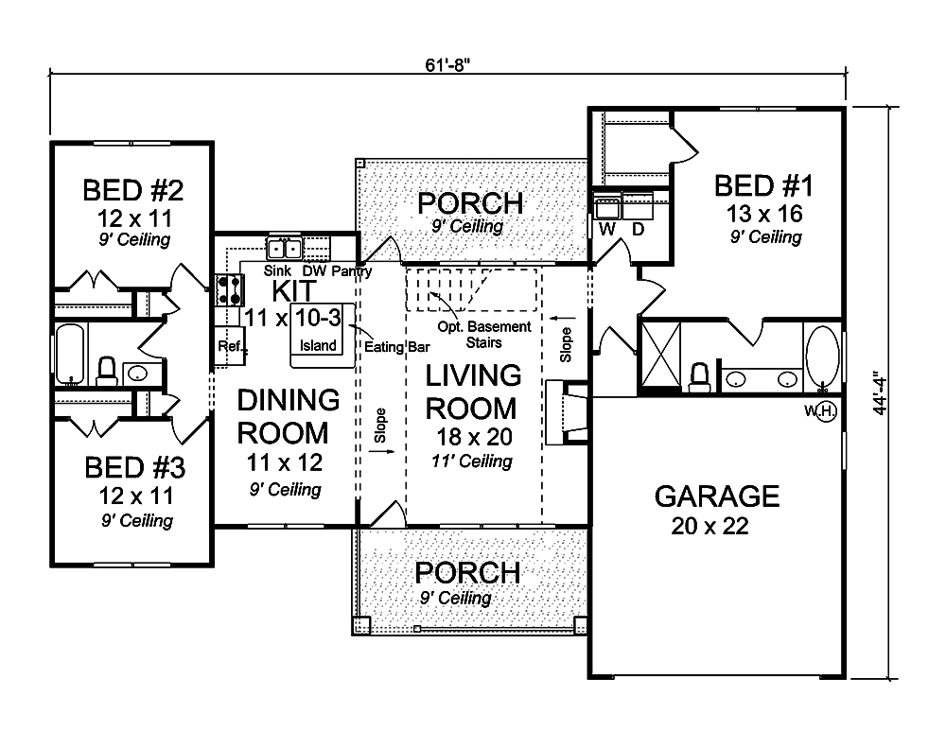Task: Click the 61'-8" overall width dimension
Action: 447,64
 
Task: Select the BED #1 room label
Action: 763,185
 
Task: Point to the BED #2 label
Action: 132,190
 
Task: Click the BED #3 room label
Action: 135,467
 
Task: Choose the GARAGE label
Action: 717,496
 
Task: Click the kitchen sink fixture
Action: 284,249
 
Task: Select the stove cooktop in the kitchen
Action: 230,290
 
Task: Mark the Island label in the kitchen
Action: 318,345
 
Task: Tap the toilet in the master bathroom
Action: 699,377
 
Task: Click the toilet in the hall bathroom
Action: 107,372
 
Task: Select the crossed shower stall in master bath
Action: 660,354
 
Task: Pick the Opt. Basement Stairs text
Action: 484,335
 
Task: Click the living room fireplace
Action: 566,413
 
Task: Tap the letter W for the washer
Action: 607,229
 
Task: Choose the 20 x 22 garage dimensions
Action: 710,526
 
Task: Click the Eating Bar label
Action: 397,347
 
